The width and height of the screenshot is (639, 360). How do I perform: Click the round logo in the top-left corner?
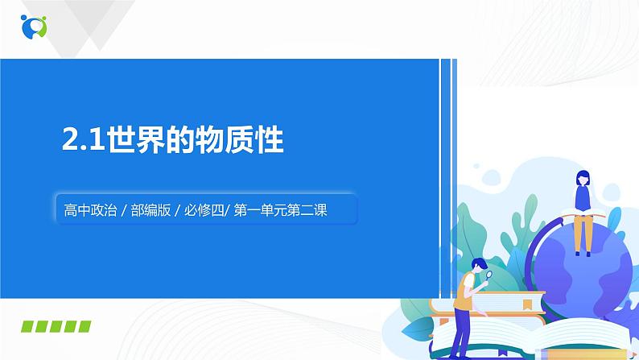click(34, 26)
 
